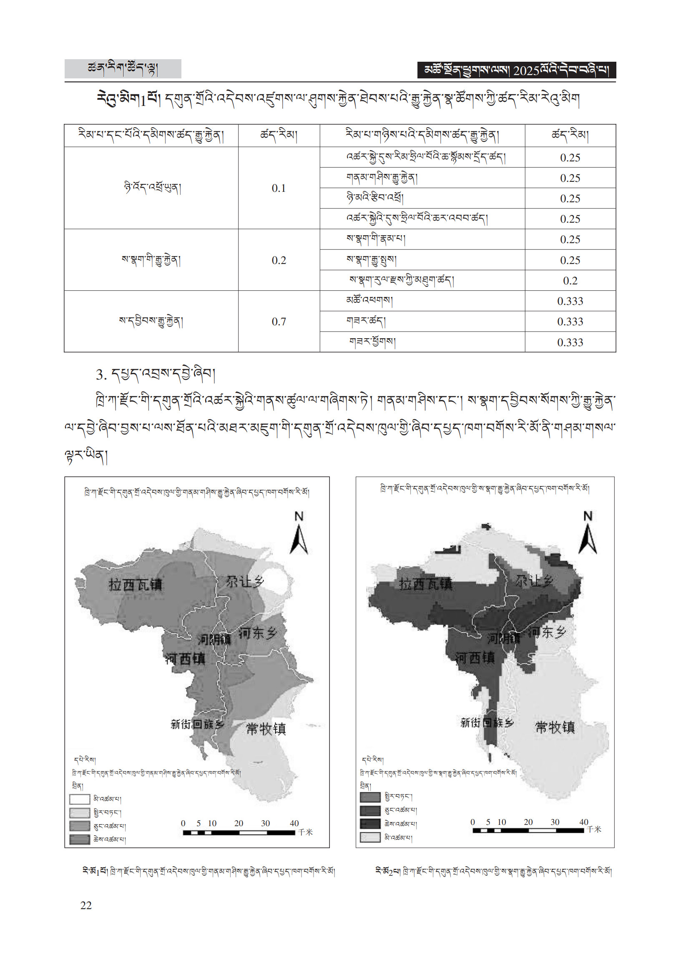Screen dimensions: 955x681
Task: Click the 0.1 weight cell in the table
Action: (279, 188)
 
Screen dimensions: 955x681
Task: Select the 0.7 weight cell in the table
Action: (279, 322)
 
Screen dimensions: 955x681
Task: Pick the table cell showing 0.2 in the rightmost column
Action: (570, 281)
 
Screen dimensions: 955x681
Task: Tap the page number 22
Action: (86, 905)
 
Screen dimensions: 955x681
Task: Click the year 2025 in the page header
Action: (526, 70)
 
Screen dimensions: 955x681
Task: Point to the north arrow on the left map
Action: (299, 533)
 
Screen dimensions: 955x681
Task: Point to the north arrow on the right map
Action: (588, 533)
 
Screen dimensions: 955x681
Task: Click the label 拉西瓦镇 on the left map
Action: (135, 584)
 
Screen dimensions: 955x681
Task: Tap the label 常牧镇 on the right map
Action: (555, 727)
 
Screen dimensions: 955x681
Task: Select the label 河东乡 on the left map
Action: (257, 633)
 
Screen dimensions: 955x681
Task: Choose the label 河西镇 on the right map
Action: (475, 657)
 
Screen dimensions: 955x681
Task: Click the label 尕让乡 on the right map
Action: (534, 581)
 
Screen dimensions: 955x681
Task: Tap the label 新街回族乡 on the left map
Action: (197, 724)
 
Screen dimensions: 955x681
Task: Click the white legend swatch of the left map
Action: (80, 799)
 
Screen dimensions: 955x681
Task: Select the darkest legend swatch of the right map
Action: (370, 823)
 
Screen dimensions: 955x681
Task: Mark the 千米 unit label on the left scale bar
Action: (305, 832)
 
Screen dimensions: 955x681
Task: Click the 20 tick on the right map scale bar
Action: (528, 822)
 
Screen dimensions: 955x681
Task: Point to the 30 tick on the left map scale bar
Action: (265, 823)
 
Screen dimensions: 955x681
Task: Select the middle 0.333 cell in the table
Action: (570, 322)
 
